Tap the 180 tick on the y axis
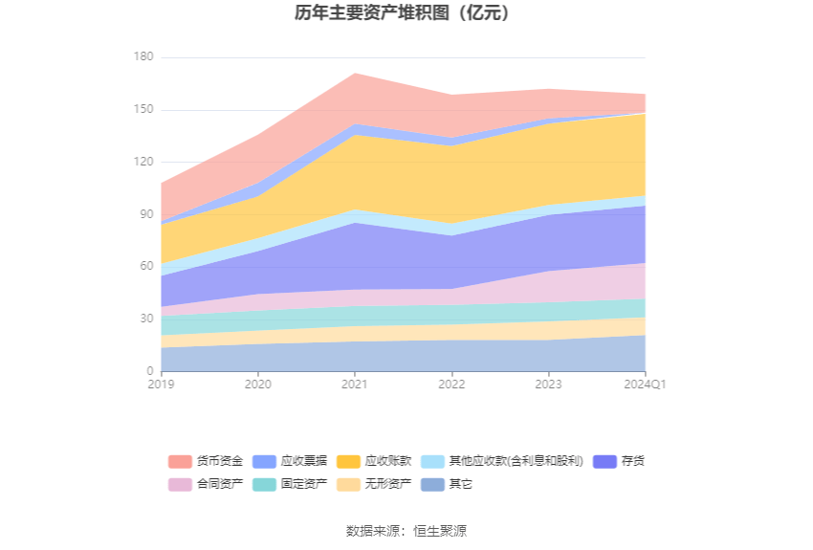point(143,57)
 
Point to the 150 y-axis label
point(143,110)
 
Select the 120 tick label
point(143,162)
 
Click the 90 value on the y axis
point(146,214)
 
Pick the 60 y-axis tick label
point(146,266)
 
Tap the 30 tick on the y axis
point(146,319)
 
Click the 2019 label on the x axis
point(161,385)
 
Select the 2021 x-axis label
point(355,385)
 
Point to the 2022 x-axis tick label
point(451,385)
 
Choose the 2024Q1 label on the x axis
point(646,385)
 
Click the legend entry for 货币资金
point(207,461)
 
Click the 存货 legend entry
point(620,461)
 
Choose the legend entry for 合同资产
point(207,484)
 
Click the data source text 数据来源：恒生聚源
point(406,531)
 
